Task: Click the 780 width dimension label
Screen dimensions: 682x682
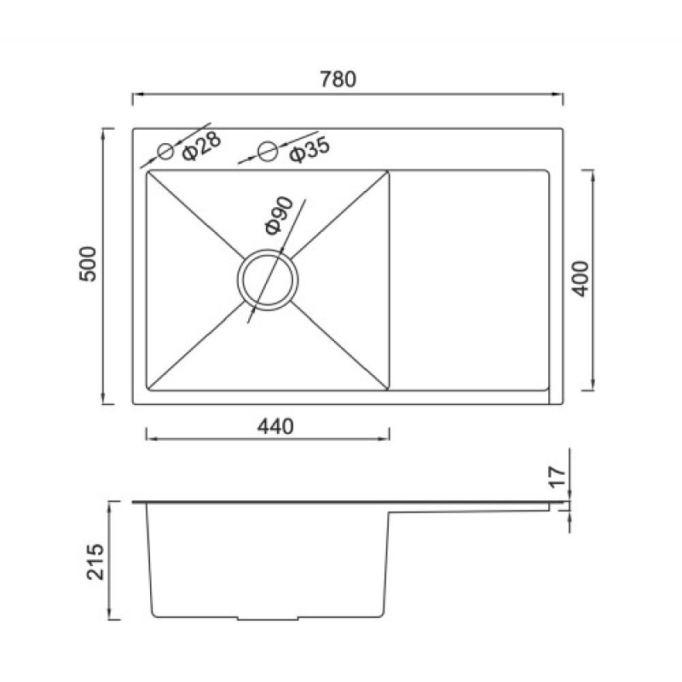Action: [x=338, y=79]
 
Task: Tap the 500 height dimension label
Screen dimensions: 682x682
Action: [x=88, y=264]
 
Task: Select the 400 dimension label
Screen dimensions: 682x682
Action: [x=581, y=279]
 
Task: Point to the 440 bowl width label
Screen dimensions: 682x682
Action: [x=275, y=426]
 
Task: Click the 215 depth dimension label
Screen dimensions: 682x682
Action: [x=95, y=562]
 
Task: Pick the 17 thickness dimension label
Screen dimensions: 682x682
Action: [x=558, y=477]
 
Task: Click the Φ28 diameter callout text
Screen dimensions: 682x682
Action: [x=201, y=146]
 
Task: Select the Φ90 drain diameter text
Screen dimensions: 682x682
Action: [x=280, y=216]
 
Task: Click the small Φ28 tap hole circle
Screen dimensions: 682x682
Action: [x=165, y=152]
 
